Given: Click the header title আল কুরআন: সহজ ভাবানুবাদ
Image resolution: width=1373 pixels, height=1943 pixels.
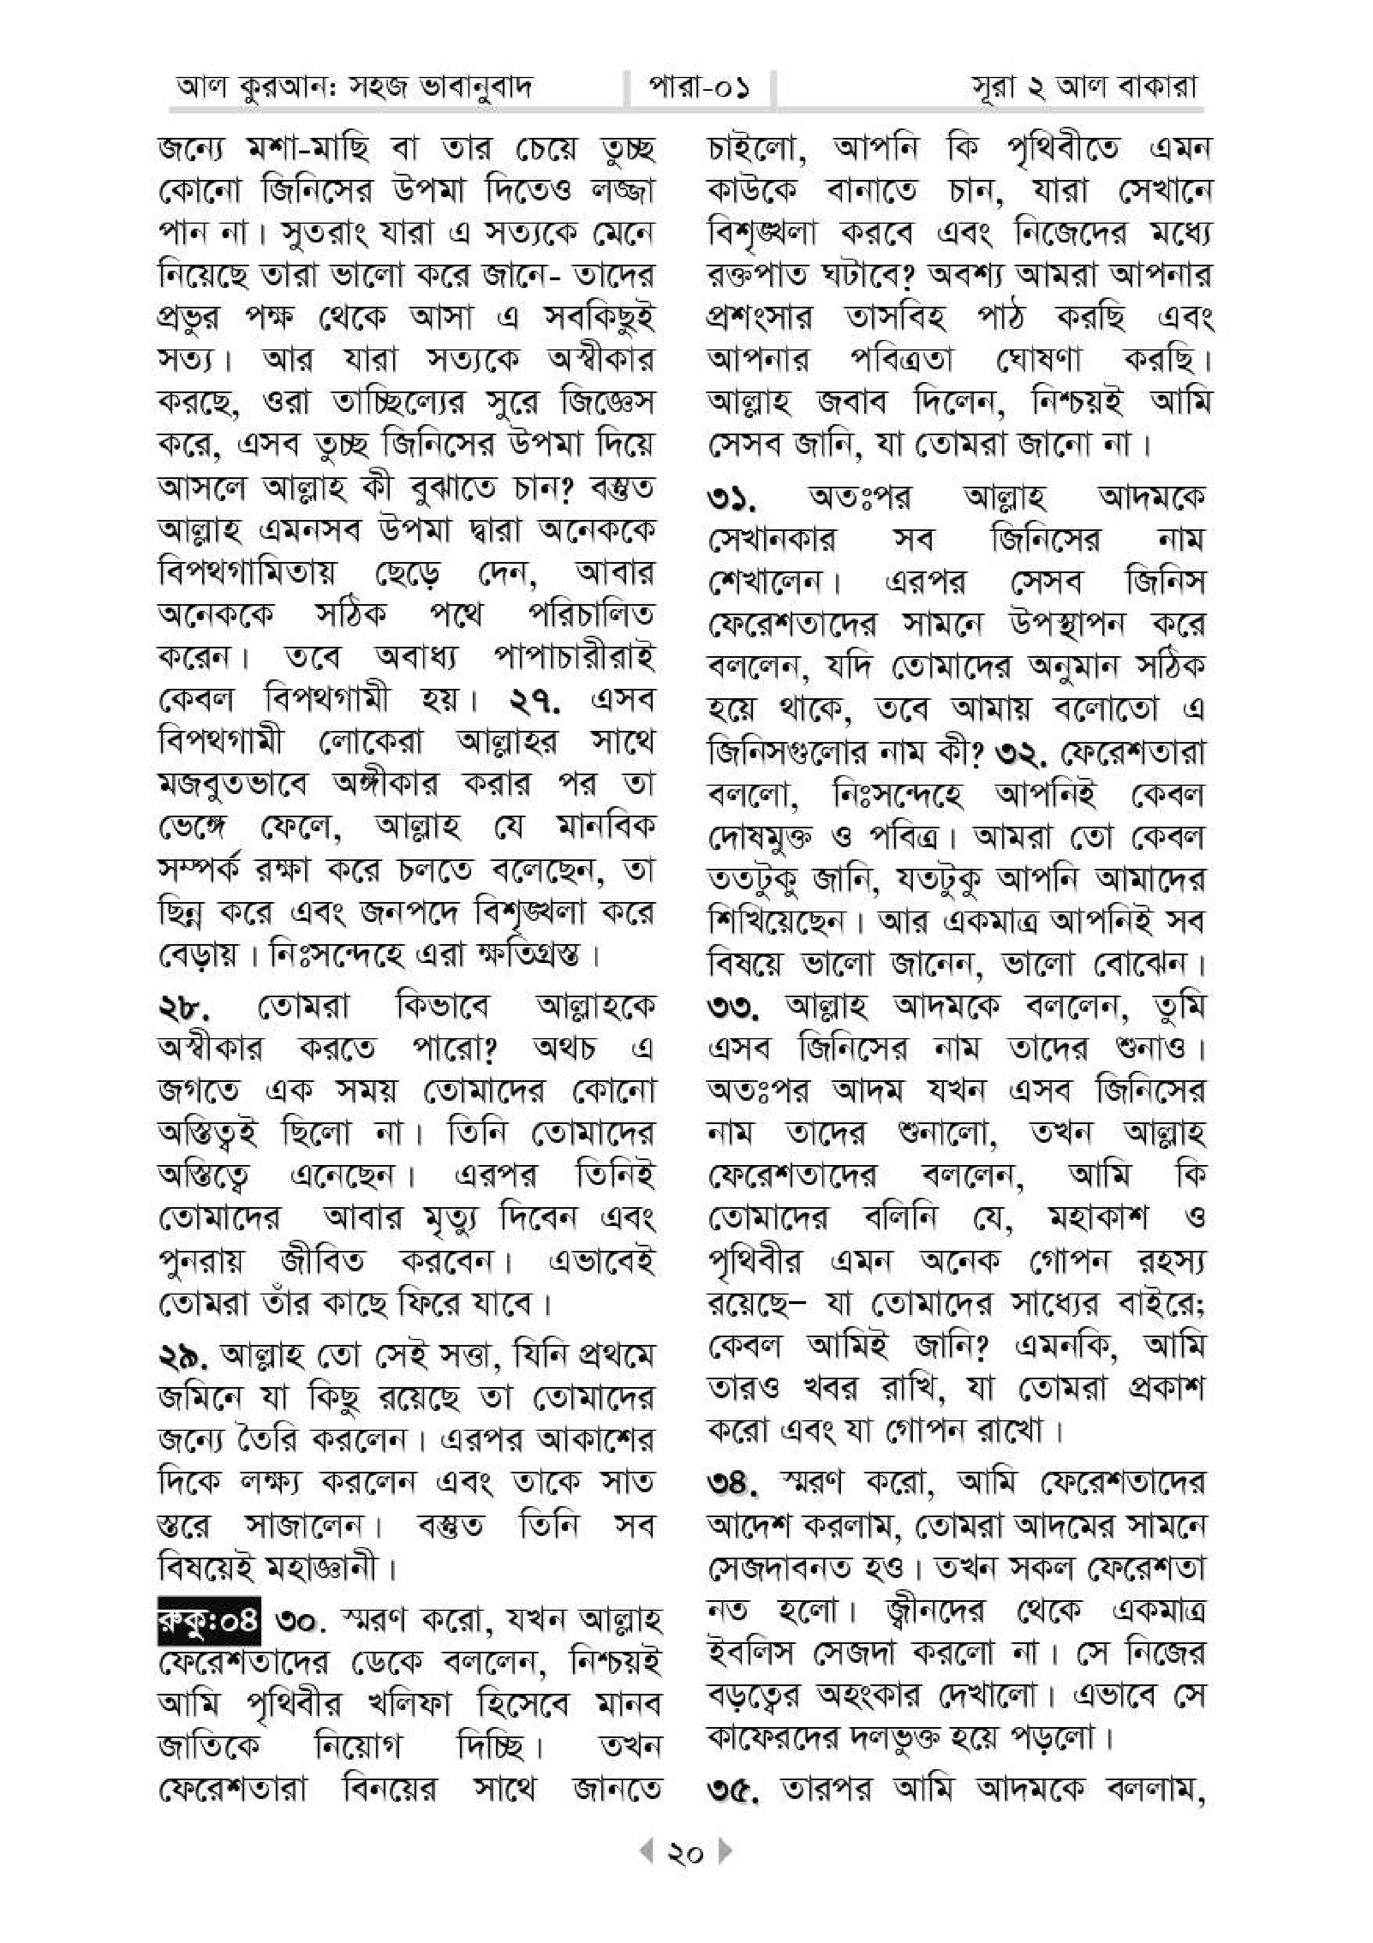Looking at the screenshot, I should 354,87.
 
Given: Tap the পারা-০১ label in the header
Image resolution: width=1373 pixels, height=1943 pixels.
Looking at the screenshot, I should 699,87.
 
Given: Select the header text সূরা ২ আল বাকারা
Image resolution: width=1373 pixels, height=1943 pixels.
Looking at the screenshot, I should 1085,87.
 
